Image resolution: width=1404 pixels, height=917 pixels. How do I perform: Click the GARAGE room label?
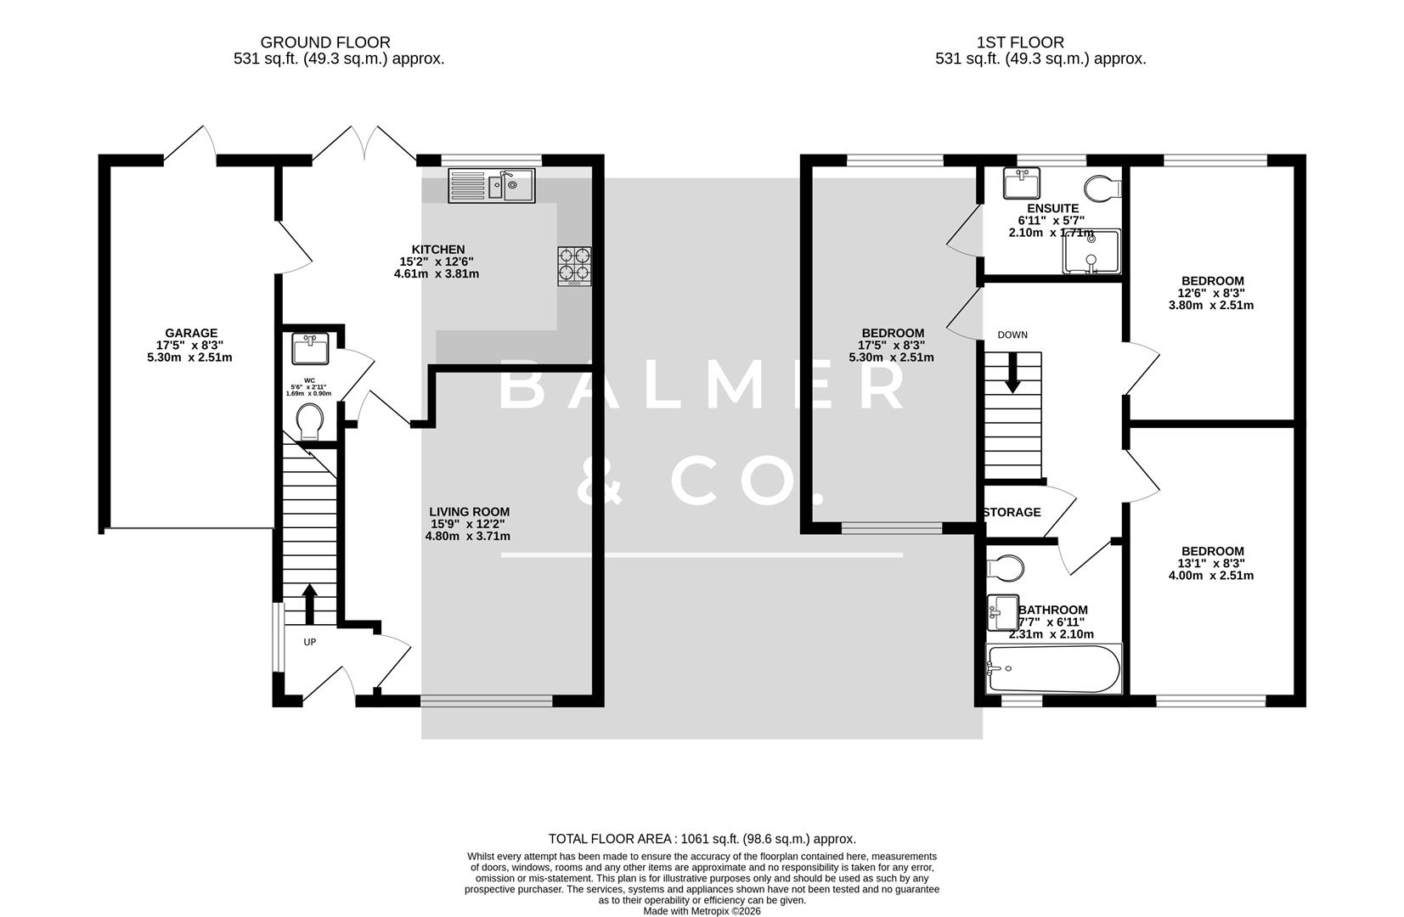[190, 334]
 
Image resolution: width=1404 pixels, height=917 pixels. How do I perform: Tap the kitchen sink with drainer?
[492, 186]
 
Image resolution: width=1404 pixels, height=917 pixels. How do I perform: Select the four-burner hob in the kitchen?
[574, 265]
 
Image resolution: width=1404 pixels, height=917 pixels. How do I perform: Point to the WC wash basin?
[310, 349]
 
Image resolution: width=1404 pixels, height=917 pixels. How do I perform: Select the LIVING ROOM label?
[469, 512]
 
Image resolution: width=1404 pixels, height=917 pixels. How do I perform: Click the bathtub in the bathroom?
[1052, 668]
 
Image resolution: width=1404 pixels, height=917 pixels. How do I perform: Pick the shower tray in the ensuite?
[1091, 252]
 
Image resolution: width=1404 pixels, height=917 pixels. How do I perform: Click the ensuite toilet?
[1103, 187]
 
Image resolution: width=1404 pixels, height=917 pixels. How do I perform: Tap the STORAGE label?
[1012, 513]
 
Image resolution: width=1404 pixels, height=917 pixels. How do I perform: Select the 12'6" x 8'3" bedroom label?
[1212, 281]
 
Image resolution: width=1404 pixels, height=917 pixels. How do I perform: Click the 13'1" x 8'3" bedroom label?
[1212, 551]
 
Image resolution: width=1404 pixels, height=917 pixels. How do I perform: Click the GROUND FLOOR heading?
[325, 42]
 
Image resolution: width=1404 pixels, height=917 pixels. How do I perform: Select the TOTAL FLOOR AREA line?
[702, 839]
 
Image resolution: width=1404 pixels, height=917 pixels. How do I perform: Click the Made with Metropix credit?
[702, 911]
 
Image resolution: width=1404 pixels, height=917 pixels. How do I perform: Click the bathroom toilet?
[1005, 566]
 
